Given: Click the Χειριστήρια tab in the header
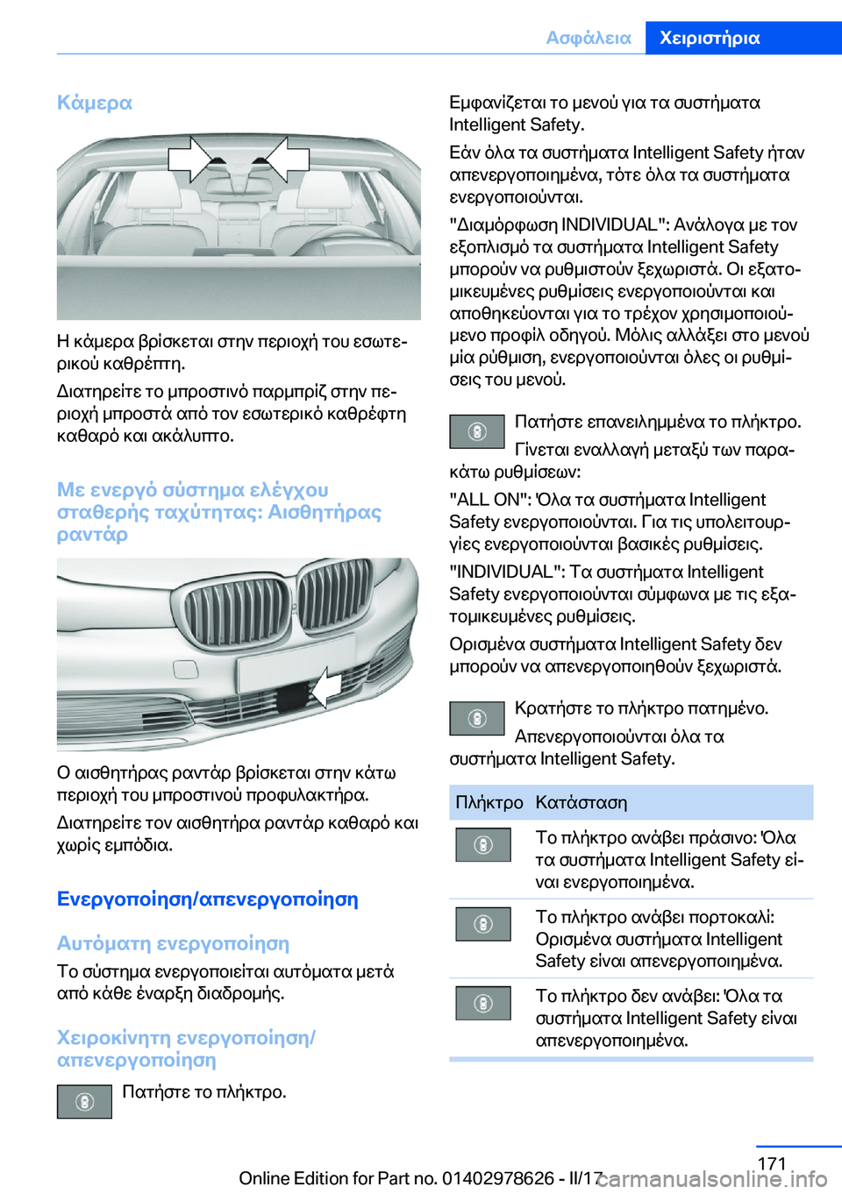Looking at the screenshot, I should click(709, 38).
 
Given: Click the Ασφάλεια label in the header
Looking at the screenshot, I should click(588, 38).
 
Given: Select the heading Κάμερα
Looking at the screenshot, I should click(95, 103).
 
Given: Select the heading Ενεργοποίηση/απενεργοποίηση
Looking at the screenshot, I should click(207, 899).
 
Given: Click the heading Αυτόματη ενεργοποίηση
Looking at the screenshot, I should click(173, 943).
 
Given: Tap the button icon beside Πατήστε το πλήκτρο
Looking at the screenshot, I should click(84, 1101).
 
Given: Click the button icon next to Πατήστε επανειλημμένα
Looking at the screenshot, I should click(477, 431).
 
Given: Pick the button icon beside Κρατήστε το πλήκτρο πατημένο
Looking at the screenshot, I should click(477, 718).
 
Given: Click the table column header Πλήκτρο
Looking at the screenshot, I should click(489, 802).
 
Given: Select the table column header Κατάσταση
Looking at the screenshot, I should click(581, 802).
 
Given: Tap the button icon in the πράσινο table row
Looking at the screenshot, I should click(483, 844).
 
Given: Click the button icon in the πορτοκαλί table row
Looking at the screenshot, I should click(483, 924).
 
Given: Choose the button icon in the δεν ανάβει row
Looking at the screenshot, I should click(483, 1003).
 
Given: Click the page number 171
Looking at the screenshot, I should click(771, 1163).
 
